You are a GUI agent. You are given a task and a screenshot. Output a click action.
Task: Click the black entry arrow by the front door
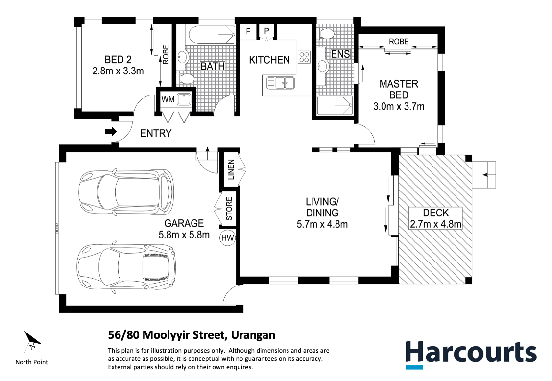pos(111,132)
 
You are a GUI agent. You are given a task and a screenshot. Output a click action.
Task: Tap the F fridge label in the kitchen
pos(248,32)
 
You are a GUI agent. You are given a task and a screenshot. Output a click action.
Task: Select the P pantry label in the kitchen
pos(266,31)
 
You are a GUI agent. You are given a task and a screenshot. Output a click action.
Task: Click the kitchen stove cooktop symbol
pos(304,57)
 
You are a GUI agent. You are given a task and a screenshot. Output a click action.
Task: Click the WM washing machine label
pos(168,99)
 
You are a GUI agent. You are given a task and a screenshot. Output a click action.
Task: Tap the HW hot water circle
pos(227,238)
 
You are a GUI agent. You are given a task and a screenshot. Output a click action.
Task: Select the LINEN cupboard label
pos(231,169)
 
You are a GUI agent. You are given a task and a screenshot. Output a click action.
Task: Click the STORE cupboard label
pos(229,209)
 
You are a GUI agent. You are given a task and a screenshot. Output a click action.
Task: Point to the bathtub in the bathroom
pos(211,34)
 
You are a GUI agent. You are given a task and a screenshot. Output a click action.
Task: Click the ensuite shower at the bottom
pos(335,105)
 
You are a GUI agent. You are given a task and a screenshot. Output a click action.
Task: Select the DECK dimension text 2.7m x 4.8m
pos(436,224)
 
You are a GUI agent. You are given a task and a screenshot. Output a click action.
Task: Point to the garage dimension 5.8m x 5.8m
pos(184,235)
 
